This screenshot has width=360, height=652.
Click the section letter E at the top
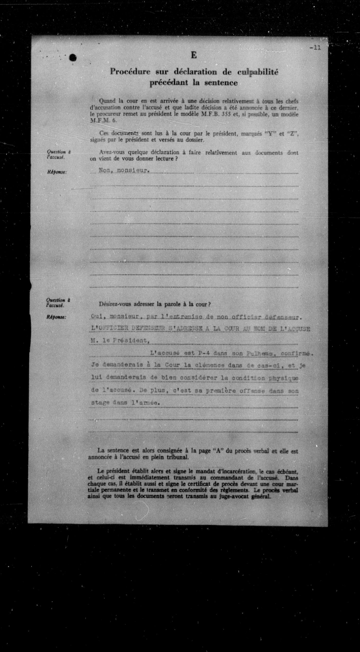click(x=194, y=55)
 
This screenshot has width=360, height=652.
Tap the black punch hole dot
click(x=73, y=58)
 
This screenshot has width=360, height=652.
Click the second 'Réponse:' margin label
click(x=56, y=317)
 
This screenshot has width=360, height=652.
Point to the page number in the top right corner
click(x=315, y=48)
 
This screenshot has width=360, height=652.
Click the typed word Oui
click(x=96, y=317)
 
